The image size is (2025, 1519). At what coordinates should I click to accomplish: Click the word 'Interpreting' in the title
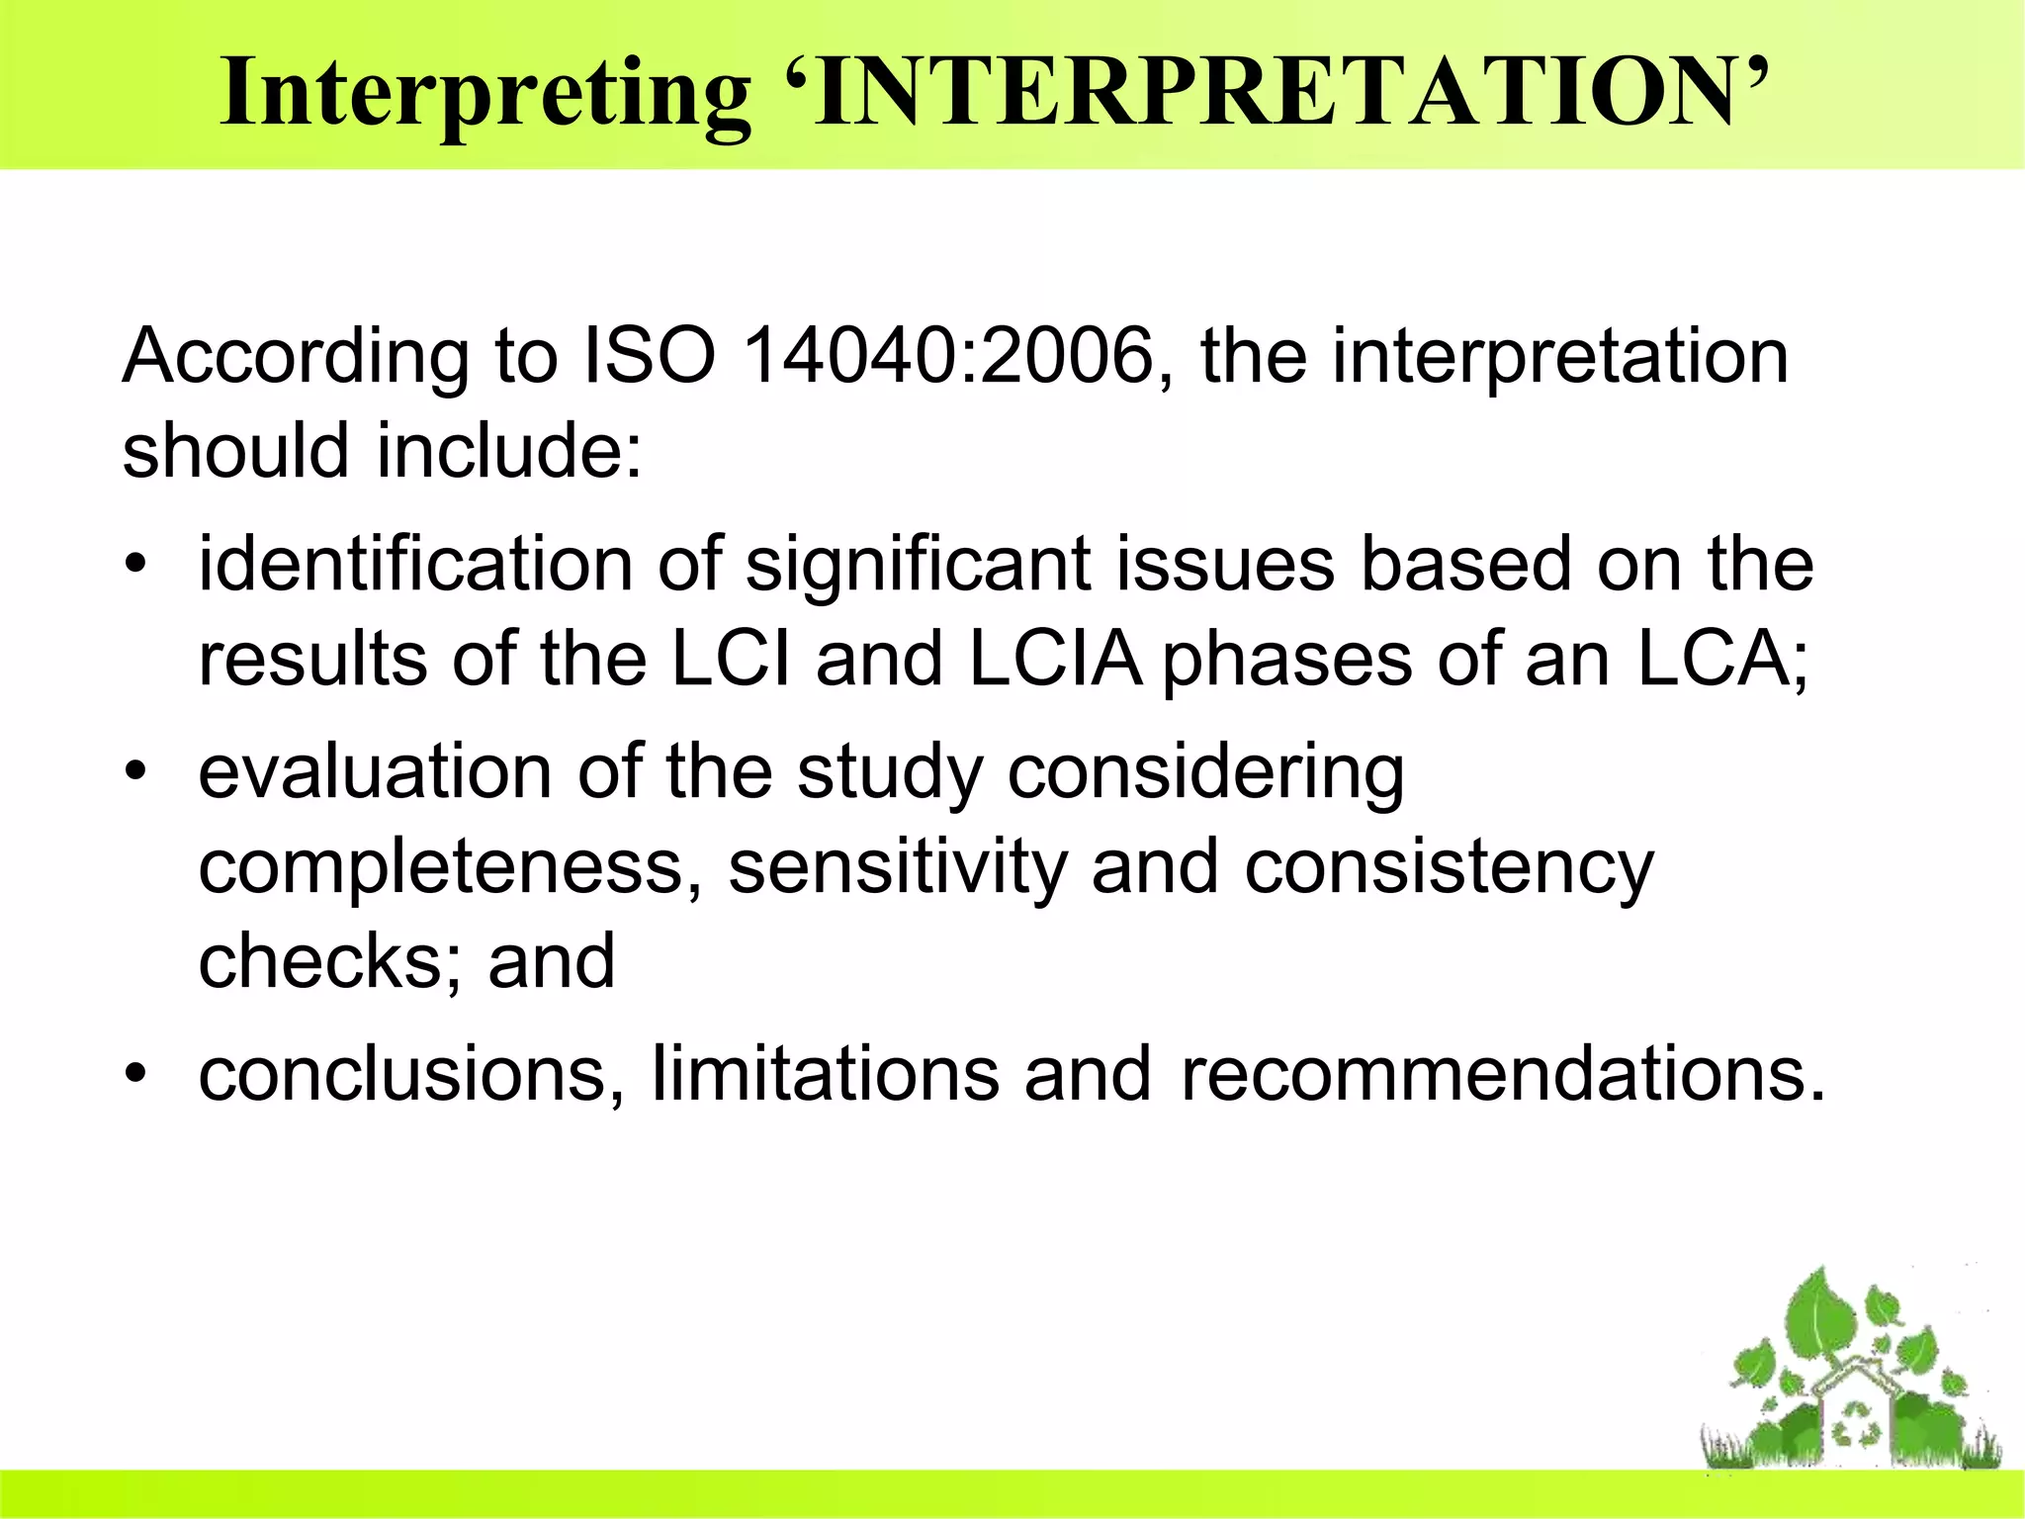(484, 94)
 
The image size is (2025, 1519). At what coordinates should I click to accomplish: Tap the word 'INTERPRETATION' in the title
(1276, 94)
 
